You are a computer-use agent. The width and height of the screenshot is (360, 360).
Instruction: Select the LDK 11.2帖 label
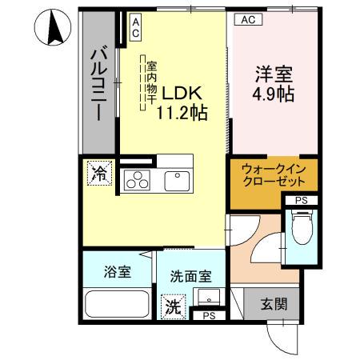pos(185,102)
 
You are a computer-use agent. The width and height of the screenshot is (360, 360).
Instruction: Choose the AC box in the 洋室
pos(246,21)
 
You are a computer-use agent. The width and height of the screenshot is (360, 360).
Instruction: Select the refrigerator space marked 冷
pos(101,173)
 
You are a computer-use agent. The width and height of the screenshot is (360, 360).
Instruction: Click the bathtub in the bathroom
pos(118,305)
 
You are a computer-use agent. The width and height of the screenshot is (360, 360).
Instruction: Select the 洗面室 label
pos(190,277)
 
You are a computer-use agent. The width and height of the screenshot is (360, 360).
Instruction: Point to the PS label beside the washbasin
pos(209,317)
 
